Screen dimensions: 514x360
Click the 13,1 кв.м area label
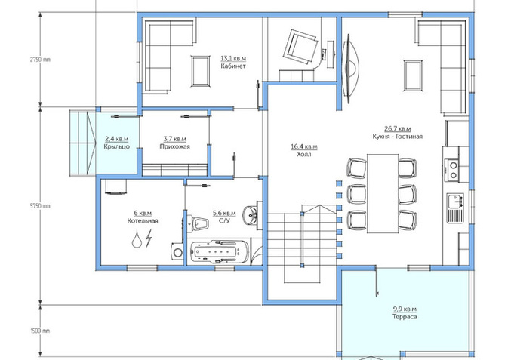tap(233, 58)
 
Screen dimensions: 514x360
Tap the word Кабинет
tap(233, 66)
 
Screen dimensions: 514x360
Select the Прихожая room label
tap(174, 146)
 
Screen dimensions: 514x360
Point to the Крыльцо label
tap(117, 146)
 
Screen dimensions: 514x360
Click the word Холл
tap(304, 154)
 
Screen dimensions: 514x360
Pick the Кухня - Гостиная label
tap(397, 136)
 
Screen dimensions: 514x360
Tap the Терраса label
tap(405, 317)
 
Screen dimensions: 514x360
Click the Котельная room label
tap(143, 220)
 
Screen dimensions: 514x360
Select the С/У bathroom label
tap(224, 220)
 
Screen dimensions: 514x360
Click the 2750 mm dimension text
tap(40, 60)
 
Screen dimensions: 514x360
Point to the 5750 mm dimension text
tap(40, 206)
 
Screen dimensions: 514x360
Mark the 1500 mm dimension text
tap(40, 331)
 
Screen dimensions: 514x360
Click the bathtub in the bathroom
tap(217, 252)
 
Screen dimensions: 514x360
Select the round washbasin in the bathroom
tap(251, 215)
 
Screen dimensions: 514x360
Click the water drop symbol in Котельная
tap(137, 239)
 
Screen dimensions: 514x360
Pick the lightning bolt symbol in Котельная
tap(149, 238)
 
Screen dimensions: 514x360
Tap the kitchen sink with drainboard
tap(455, 208)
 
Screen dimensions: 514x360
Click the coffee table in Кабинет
tap(201, 71)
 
